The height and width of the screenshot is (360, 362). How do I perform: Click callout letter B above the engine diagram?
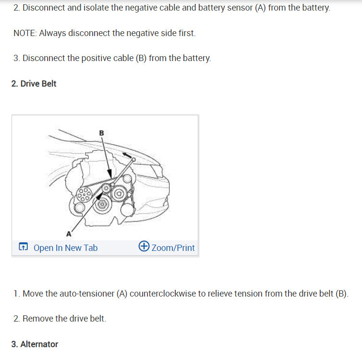101,133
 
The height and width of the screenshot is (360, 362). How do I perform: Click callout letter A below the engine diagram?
68,234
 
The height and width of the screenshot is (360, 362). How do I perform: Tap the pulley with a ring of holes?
84,194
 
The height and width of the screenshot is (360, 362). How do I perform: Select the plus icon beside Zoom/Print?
144,247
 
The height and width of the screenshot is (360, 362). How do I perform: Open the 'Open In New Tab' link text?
65,248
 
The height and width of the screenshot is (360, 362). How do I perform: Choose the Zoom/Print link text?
173,248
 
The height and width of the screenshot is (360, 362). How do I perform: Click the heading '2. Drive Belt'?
34,84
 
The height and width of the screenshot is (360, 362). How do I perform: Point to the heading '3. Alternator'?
35,344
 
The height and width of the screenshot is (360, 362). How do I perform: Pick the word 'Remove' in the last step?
37,318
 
